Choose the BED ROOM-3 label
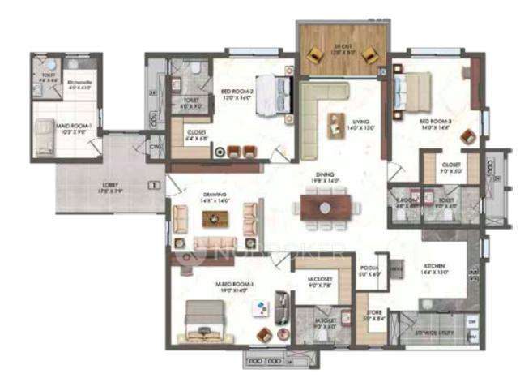pos(434,122)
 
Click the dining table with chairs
pos(325,206)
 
